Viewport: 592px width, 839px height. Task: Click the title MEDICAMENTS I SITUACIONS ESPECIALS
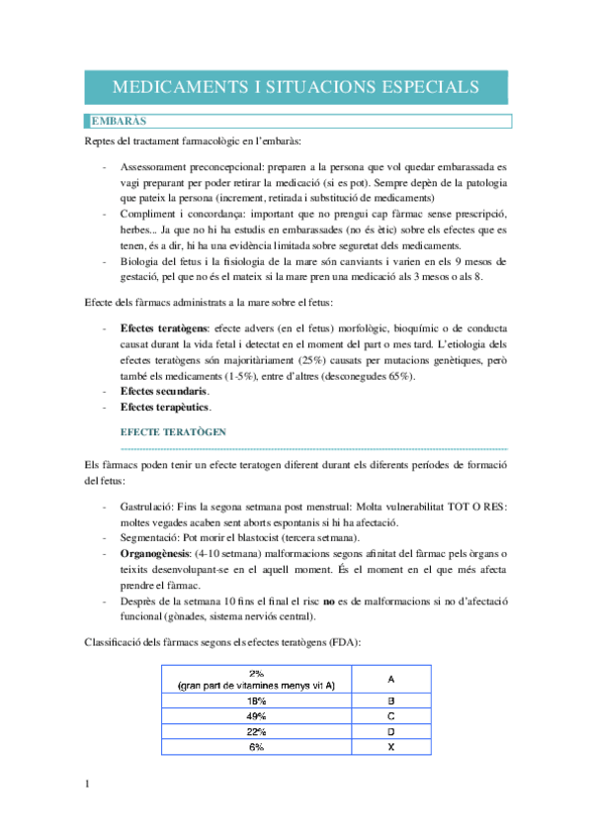(296, 86)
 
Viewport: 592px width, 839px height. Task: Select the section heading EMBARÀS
(119, 121)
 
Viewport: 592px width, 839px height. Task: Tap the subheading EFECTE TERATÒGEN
(173, 432)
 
